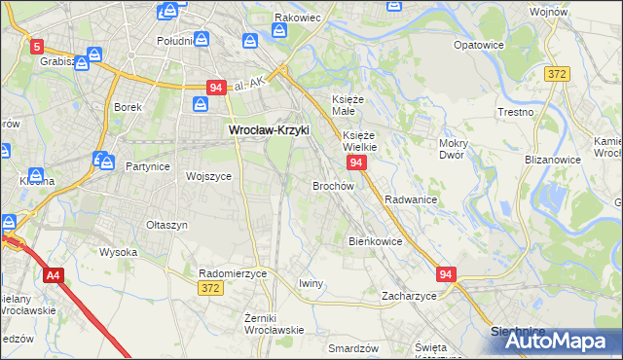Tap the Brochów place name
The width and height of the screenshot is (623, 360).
point(332,185)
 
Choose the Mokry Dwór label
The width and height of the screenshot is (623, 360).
point(454,149)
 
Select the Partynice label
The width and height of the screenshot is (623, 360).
point(148,166)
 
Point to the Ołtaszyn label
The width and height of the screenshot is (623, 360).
point(166,225)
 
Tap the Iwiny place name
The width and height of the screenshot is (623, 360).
point(311,283)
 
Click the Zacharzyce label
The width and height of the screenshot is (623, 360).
point(409,295)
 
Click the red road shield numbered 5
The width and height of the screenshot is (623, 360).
point(37,46)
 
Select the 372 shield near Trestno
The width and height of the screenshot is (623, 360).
point(557,75)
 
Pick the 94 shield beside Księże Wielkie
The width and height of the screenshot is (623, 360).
point(356,162)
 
